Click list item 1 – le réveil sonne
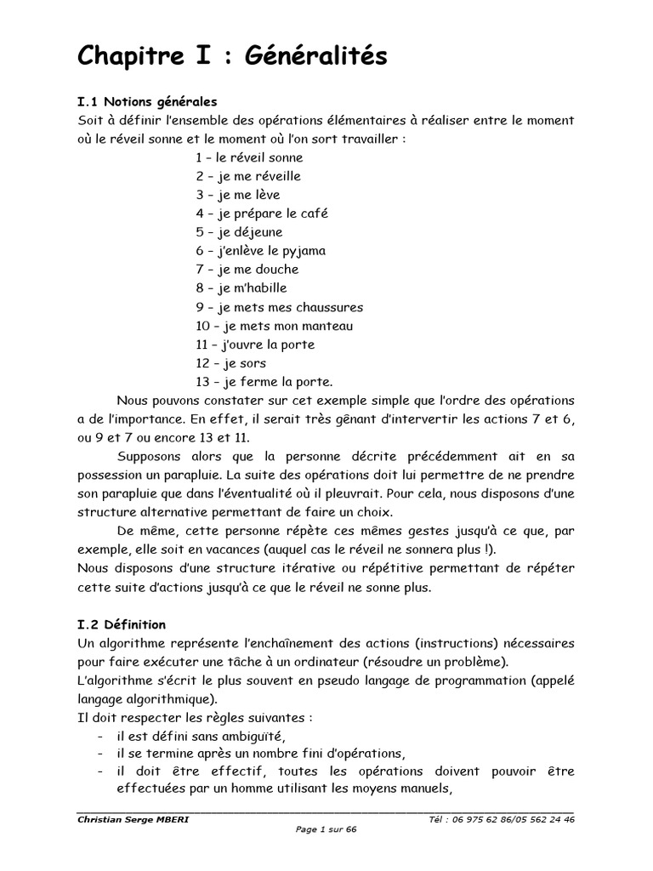(248, 157)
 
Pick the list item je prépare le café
(261, 213)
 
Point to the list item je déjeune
(239, 232)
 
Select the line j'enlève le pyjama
(260, 251)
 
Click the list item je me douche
(247, 270)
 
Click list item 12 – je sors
(230, 363)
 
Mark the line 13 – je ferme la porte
(264, 382)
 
